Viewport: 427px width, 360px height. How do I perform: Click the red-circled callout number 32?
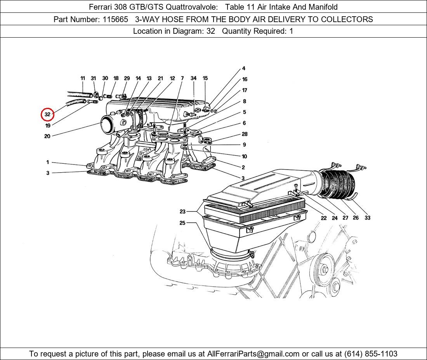coord(47,114)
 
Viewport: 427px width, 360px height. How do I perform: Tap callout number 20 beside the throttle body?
coord(47,136)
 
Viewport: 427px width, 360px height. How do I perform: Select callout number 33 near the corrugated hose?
coord(367,218)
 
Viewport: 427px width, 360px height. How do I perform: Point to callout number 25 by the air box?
coord(182,223)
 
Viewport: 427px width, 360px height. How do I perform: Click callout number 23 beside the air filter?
coord(182,212)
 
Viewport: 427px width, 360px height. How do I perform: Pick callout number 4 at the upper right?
coord(244,69)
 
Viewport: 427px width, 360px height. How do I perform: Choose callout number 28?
coord(244,134)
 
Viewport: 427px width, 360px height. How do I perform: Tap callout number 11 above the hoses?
coord(83,78)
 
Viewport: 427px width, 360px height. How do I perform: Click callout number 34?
coord(193,78)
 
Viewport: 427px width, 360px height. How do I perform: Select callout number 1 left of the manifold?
coord(48,163)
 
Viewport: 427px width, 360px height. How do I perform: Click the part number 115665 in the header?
coord(115,19)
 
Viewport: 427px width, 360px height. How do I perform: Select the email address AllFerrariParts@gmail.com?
coord(253,354)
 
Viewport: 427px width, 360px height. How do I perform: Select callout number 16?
coord(245,80)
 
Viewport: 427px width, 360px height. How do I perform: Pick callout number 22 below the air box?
coord(324,218)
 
